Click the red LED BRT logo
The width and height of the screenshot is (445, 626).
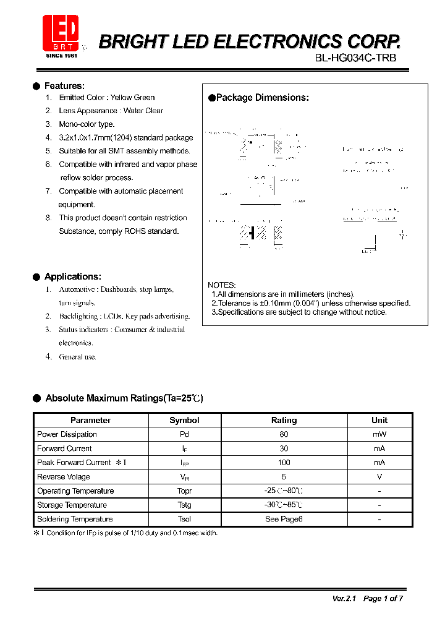tap(60, 33)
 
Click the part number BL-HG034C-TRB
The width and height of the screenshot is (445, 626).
tap(356, 58)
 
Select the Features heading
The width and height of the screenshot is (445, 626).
tap(64, 86)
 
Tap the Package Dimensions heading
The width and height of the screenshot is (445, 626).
tap(262, 98)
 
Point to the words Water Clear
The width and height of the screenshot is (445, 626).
tap(143, 111)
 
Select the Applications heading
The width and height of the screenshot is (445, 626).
tap(72, 277)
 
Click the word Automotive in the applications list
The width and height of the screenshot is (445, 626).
tap(77, 289)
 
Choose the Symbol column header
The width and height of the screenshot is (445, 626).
tap(184, 420)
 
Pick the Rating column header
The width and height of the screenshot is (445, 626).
tap(284, 420)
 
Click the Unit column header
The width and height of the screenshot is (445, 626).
tap(379, 420)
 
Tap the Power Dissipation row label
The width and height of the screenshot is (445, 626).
tap(67, 434)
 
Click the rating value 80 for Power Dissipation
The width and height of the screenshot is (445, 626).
tap(284, 434)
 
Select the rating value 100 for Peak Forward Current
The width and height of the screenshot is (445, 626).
tap(284, 463)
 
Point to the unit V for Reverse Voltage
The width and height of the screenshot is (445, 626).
tap(379, 477)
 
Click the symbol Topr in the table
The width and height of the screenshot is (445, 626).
tap(184, 491)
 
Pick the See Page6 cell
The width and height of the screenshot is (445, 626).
tap(284, 519)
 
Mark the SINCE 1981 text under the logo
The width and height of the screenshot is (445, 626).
tap(61, 56)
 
